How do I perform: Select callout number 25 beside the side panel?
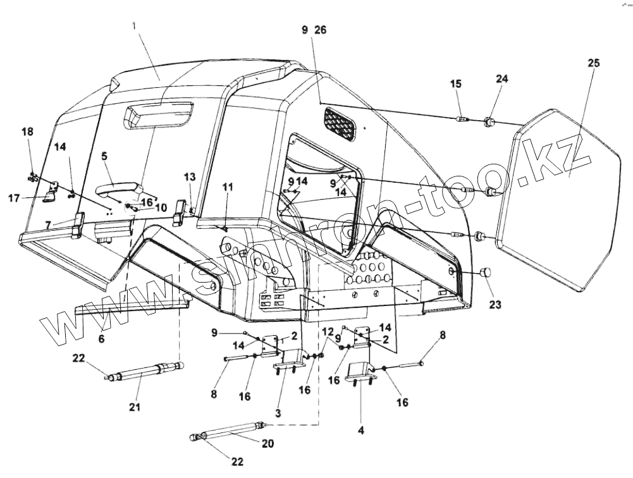click(594, 63)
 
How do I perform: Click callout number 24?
click(501, 79)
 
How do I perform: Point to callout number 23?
click(495, 304)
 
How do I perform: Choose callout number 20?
click(268, 443)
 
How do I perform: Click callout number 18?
click(27, 132)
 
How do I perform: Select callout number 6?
click(101, 339)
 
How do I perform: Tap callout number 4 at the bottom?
click(360, 431)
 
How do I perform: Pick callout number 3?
click(278, 412)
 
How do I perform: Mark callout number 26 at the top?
click(320, 30)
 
